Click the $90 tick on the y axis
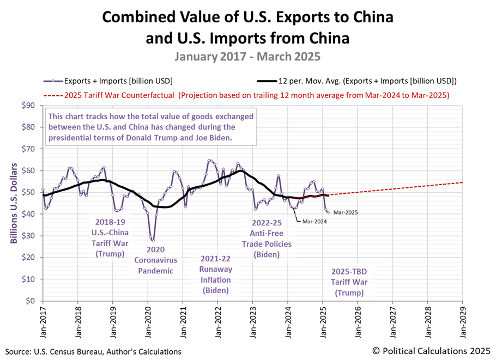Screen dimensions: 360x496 (28, 105)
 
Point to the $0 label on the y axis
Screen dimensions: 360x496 (31, 301)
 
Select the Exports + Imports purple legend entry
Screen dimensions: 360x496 (108, 81)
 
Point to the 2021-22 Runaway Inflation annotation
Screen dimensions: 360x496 (216, 274)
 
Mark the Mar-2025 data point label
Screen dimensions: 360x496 (346, 212)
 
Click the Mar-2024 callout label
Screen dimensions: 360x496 (309, 222)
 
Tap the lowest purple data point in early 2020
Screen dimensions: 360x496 (153, 240)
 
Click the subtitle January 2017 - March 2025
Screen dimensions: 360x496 (248, 56)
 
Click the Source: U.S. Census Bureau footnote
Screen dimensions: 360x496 (93, 352)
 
